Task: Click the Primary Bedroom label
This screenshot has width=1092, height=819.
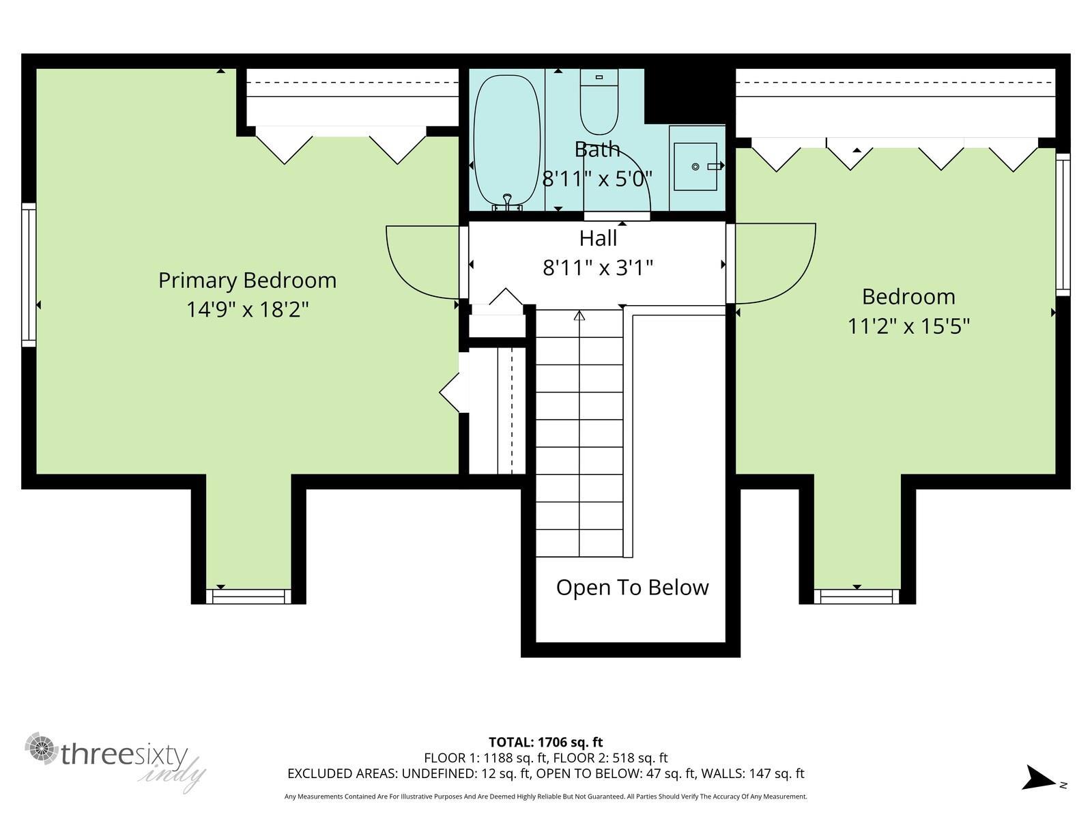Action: coord(247,281)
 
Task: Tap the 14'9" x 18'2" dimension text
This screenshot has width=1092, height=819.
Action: coord(247,309)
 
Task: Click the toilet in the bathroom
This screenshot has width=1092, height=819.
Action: coord(599,102)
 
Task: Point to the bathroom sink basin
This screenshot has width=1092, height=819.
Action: coord(695,167)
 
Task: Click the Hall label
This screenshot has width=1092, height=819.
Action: coord(597,238)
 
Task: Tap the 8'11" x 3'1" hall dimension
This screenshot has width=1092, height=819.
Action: coord(597,268)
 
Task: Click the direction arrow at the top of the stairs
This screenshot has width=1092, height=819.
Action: coord(579,315)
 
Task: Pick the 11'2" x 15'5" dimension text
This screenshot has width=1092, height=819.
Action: coord(908,326)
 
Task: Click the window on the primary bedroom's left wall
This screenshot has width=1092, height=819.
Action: coord(29,274)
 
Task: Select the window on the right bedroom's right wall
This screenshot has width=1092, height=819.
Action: coord(1062,225)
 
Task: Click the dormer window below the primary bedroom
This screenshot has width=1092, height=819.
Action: coord(248,597)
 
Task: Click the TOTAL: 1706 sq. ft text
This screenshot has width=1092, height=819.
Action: coord(546,743)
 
